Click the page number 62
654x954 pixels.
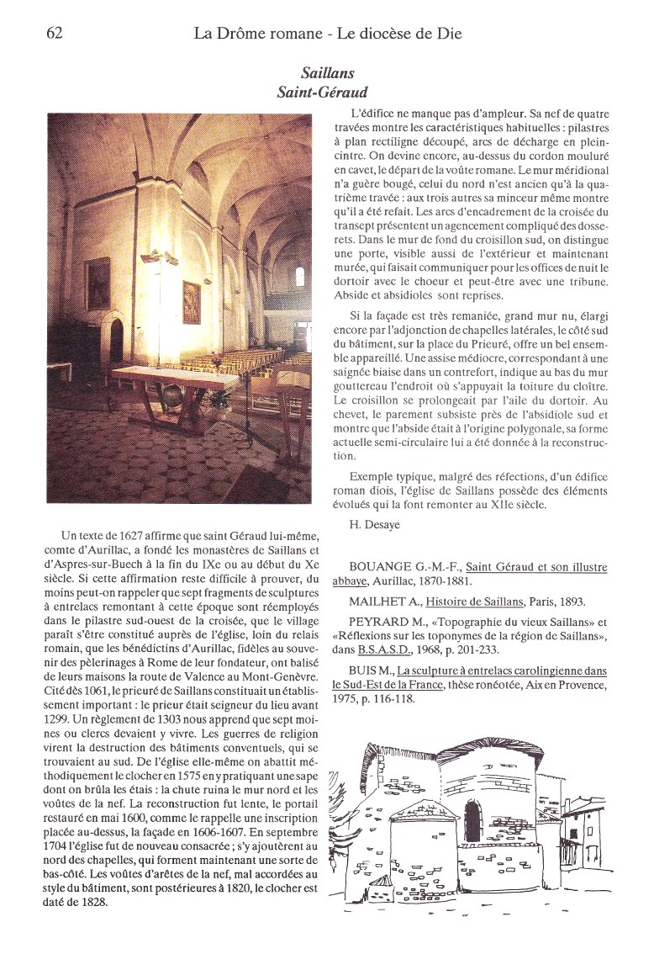55,34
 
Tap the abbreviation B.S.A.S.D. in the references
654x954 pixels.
381,650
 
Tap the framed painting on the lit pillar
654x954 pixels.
192,303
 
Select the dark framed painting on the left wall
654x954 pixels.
98,284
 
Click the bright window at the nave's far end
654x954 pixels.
300,276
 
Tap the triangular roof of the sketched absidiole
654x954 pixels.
425,808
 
